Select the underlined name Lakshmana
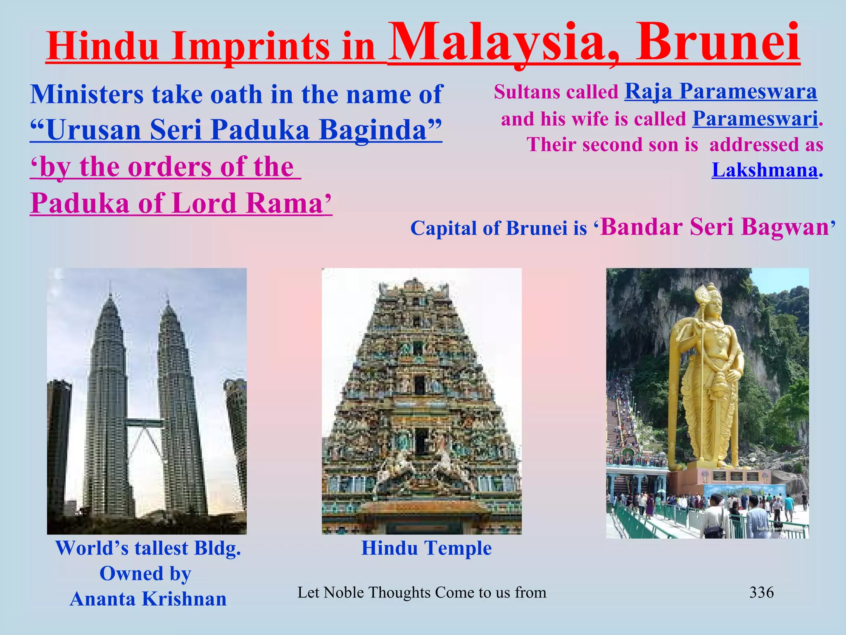764,170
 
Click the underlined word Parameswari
755,119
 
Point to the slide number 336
761,592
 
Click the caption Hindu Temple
426,548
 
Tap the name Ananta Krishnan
148,599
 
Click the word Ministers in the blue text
87,95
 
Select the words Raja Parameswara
720,92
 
